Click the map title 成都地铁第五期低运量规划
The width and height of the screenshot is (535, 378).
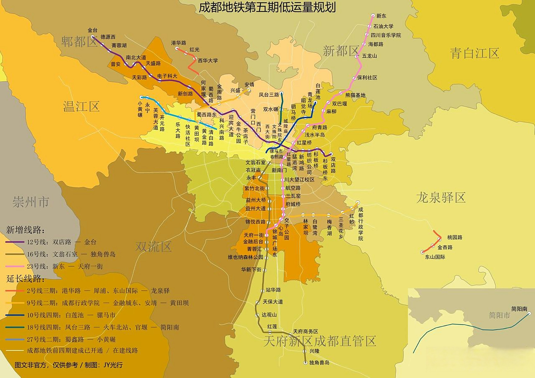[267, 7]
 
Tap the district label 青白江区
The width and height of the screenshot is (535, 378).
[474, 53]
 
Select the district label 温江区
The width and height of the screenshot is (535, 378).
[81, 107]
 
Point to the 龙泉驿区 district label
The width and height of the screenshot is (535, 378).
[441, 198]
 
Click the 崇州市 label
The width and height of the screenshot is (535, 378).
[31, 202]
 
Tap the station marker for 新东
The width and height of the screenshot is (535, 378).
[373, 15]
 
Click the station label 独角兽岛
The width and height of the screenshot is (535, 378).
[319, 363]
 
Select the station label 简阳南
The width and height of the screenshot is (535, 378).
[519, 309]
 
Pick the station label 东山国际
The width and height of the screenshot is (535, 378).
[435, 257]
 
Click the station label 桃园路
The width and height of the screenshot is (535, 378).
[454, 237]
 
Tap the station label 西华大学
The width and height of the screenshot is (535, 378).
[208, 61]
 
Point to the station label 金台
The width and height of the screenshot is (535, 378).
[92, 30]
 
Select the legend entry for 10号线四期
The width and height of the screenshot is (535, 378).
[71, 315]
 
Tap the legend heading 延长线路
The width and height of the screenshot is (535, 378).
[25, 278]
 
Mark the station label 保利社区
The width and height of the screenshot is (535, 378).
[367, 78]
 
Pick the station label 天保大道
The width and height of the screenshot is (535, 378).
[273, 302]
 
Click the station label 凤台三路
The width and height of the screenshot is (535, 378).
[269, 95]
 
